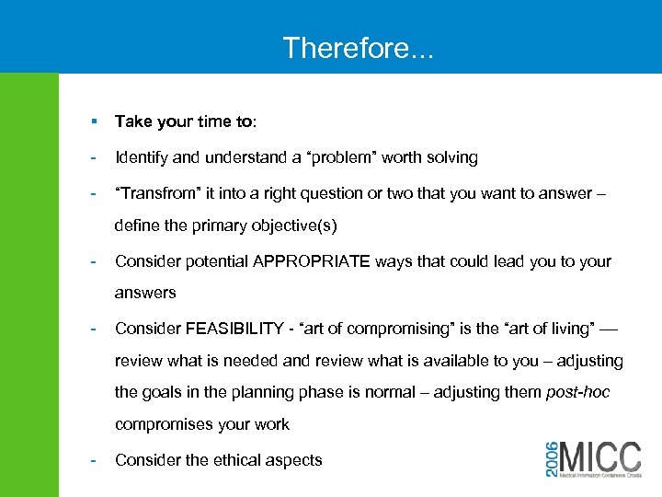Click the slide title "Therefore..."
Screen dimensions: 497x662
[x=358, y=47]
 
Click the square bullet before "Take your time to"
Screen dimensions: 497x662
[x=94, y=121]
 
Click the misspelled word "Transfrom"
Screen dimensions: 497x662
[x=155, y=194]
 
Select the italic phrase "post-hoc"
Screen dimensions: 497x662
[x=577, y=392]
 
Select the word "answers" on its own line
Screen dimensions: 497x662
[x=144, y=293]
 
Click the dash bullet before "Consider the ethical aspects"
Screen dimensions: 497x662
[x=93, y=459]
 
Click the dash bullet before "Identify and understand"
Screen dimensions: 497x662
[x=93, y=157]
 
